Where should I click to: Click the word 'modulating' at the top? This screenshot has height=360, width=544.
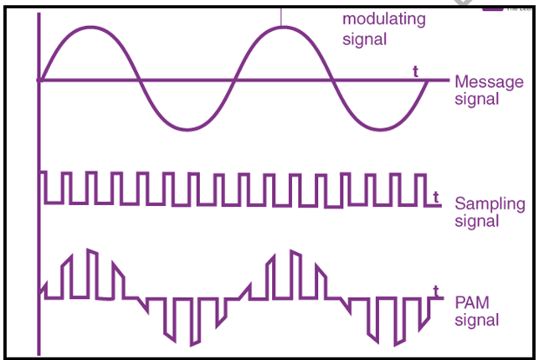pos(384,19)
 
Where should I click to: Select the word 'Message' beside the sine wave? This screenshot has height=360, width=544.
pos(488,82)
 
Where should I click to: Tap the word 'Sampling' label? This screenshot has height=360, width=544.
pos(490,203)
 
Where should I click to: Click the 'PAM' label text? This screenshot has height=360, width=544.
pos(472,303)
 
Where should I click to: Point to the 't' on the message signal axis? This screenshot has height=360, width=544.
pos(415,71)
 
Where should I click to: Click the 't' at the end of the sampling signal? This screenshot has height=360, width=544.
pos(437,196)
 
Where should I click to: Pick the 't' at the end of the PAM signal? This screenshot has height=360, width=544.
pos(436,291)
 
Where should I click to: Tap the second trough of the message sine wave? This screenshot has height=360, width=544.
pos(378,130)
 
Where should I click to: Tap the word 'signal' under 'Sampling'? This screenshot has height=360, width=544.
pos(476,221)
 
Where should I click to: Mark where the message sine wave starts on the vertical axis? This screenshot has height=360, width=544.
pos(39,80)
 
